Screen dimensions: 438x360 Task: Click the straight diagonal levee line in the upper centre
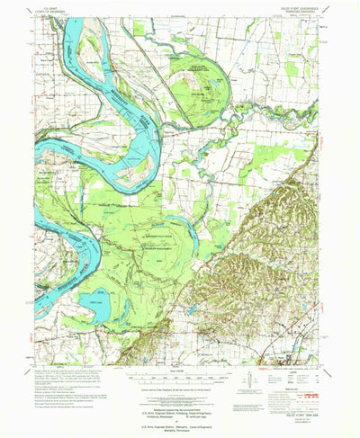coord(175,67)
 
